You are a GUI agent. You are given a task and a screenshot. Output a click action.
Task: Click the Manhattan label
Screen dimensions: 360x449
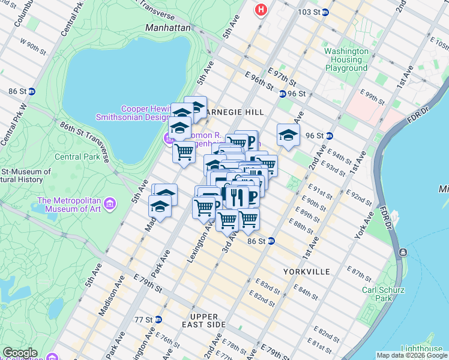167,28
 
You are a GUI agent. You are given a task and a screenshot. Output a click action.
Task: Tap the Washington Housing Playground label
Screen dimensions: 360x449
346,59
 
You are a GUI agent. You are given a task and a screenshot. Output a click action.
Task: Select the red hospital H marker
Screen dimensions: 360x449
261,10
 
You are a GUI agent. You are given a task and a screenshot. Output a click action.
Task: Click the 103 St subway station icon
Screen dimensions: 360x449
325,12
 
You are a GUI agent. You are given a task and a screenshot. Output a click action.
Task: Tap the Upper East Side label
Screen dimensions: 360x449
208,320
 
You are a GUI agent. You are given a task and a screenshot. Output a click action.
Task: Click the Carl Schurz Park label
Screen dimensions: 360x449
377,293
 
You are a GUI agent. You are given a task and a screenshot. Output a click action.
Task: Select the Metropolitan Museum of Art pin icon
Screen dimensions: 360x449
109,205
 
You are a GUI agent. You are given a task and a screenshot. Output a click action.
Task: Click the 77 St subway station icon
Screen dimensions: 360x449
158,319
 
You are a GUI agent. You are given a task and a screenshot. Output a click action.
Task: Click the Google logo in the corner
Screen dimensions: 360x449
20,353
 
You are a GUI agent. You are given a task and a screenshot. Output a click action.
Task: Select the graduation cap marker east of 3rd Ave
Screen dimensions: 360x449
288,135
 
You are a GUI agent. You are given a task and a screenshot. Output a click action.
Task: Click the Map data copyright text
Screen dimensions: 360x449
412,355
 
